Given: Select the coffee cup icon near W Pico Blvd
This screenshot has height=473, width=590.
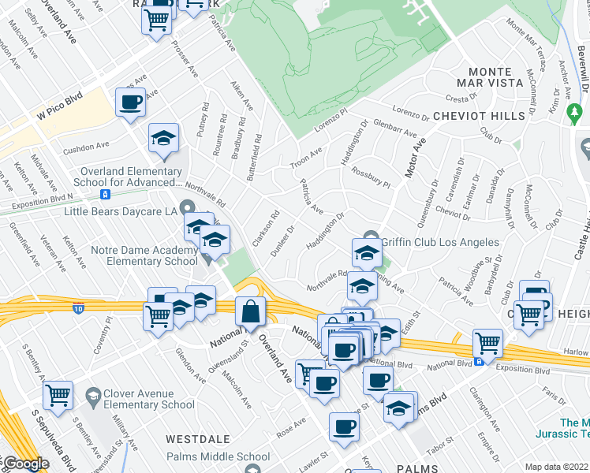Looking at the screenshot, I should (x=130, y=102).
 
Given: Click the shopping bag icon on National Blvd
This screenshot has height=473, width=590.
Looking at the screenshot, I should (x=250, y=311).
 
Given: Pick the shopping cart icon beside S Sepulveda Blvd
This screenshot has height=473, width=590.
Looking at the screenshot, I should (x=58, y=396).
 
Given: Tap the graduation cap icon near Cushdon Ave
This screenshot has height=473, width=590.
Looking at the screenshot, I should (x=163, y=139).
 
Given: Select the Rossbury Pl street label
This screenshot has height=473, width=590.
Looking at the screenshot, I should (x=371, y=178).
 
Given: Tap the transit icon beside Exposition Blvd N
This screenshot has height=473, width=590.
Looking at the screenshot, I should (x=104, y=194).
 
